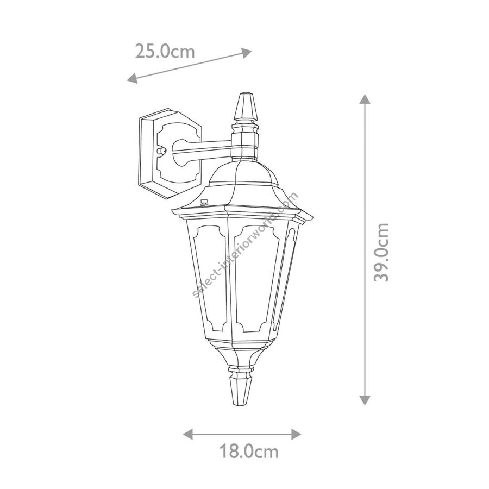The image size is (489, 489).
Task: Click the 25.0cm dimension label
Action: click(165, 52)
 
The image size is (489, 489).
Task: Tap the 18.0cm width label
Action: click(249, 451)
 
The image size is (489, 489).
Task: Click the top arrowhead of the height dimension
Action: click(365, 99)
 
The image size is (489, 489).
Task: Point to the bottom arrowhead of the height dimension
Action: click(365, 400)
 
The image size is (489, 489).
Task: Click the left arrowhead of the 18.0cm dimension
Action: click(188, 434)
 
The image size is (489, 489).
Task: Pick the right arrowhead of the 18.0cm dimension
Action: click(296, 434)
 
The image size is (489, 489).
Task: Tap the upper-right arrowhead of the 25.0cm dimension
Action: click(247, 53)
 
